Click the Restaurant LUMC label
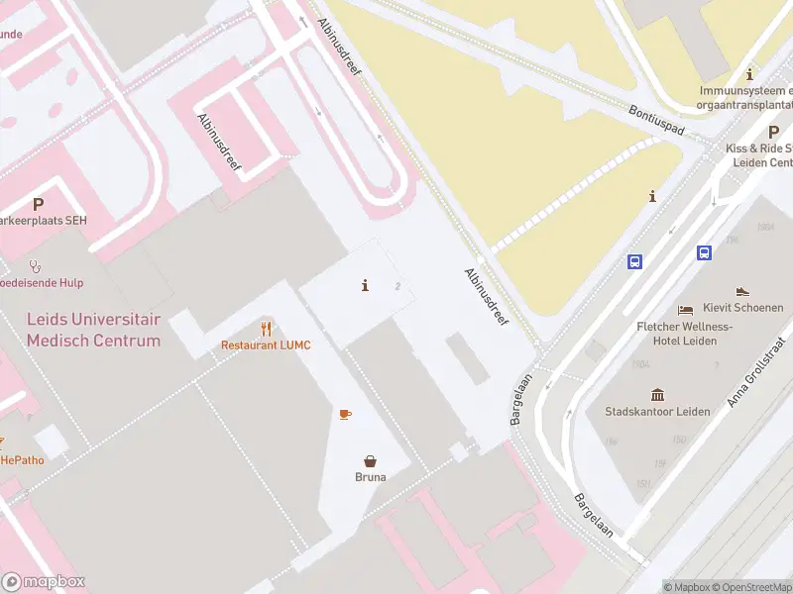[266, 345]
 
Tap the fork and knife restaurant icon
[266, 329]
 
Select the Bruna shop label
[371, 476]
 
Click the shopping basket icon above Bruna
[371, 460]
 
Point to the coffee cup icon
[345, 414]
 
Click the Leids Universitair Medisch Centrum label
[93, 331]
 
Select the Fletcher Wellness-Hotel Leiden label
[684, 334]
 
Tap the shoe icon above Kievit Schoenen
[743, 292]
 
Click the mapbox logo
[44, 582]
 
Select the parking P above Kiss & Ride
[773, 132]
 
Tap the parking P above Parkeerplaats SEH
[38, 205]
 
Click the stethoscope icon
[36, 265]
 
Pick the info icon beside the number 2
[366, 286]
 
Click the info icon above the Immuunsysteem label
[750, 74]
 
